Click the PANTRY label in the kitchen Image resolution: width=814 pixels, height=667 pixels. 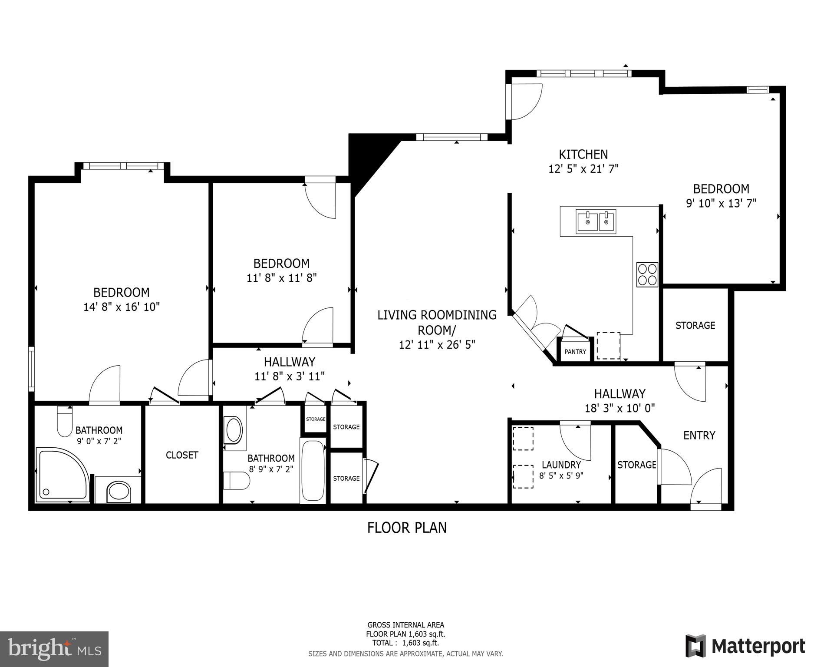coord(575,352)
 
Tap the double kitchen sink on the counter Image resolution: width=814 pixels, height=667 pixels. coord(596,221)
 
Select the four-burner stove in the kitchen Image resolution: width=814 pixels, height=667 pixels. coord(647,274)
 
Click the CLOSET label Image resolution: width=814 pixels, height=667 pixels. coord(182,455)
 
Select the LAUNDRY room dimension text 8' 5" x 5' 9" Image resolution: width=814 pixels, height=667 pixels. coord(561,475)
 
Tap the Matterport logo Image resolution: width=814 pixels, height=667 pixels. coord(745,647)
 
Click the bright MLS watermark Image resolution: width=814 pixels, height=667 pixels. coord(54,649)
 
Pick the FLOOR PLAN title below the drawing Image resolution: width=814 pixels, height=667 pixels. coord(407,528)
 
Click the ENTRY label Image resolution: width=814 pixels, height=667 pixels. coord(699,436)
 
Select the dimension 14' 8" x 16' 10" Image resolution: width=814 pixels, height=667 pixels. coord(122,307)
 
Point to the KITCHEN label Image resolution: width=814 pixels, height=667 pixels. coord(583,154)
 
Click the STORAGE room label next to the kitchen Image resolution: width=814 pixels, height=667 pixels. coord(695,325)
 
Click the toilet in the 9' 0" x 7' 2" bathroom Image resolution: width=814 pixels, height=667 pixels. coord(65,421)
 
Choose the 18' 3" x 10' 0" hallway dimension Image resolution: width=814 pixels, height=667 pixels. coord(620,408)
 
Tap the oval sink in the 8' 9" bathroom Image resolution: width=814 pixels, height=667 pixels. coord(234,429)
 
